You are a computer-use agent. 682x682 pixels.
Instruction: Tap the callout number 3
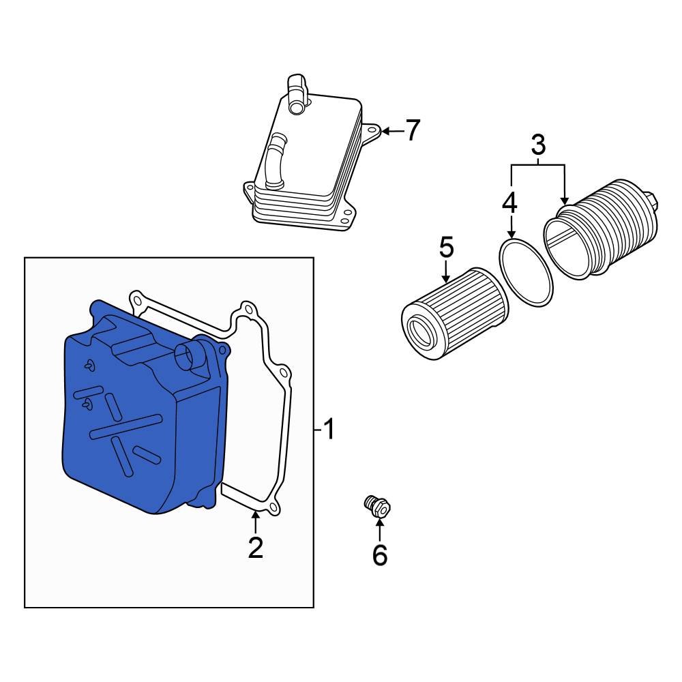point(538,145)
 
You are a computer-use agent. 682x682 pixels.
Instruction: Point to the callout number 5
point(445,248)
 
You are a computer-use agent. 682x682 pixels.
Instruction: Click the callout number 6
point(379,554)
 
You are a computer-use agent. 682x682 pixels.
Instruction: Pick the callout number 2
point(255,548)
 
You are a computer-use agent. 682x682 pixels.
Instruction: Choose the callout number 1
point(329,430)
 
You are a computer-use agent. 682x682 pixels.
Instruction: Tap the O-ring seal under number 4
point(526,271)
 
